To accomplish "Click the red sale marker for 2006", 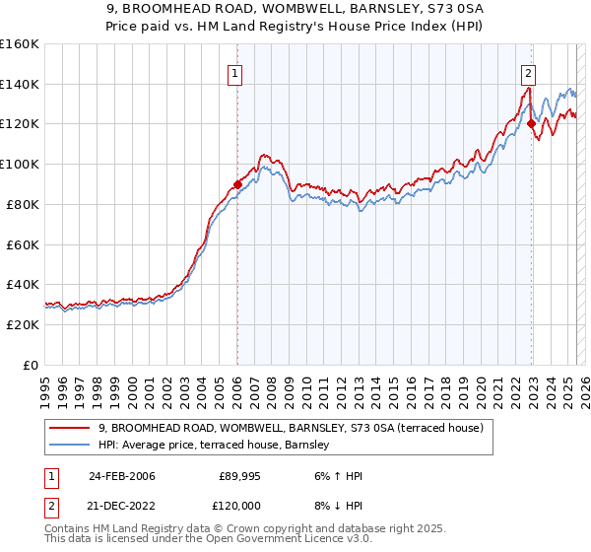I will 237,183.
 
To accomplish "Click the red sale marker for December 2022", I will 531,123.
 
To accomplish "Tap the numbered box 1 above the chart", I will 236,71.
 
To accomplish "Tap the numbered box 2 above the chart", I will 529,71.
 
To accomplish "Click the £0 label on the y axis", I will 32,365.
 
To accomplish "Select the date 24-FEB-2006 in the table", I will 121,476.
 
